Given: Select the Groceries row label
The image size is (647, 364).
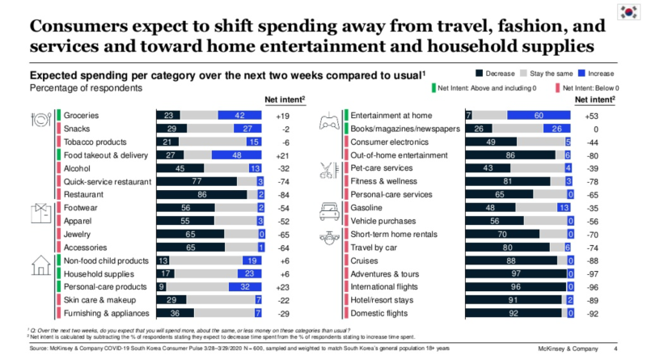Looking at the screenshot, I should [81, 115].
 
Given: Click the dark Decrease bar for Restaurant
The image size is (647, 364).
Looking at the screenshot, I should [201, 194].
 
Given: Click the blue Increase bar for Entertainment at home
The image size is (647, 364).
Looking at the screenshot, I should [540, 115].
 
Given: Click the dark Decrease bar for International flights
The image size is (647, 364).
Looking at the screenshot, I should [514, 286].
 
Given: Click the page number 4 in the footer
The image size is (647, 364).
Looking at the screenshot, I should [616, 349].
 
